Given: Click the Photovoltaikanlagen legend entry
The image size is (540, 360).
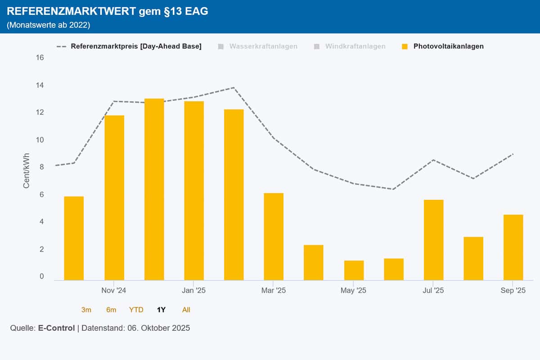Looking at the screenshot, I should (x=448, y=46).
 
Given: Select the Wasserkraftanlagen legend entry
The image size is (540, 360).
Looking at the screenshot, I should (x=263, y=46).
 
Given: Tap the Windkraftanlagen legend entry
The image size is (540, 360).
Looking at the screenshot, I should (x=355, y=46).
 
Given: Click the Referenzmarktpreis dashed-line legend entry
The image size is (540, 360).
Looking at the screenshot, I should (x=136, y=46).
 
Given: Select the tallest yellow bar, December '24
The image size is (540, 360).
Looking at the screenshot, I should (x=154, y=189).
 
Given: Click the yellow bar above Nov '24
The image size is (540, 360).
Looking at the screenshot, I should (x=114, y=198).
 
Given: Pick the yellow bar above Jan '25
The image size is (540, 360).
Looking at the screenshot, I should (x=194, y=191).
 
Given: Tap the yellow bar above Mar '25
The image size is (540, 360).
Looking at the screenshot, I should (x=274, y=237).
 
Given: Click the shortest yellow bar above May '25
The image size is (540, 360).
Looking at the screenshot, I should (x=354, y=270).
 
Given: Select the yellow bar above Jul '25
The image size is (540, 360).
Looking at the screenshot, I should (x=433, y=240).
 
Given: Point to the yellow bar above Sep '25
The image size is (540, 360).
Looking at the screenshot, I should (x=513, y=247).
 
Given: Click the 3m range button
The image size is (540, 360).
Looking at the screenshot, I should (x=86, y=310).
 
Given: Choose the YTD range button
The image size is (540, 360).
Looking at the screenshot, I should (x=136, y=310).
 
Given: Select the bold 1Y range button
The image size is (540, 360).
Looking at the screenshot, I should (x=161, y=310).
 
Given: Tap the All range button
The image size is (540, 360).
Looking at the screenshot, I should (x=186, y=310).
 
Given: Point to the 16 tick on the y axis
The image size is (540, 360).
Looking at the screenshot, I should (x=40, y=58).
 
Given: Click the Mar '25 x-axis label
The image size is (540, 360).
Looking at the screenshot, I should (x=274, y=291).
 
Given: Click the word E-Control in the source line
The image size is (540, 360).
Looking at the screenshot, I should (x=56, y=328).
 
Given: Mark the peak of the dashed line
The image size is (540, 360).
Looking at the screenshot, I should (x=234, y=88).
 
